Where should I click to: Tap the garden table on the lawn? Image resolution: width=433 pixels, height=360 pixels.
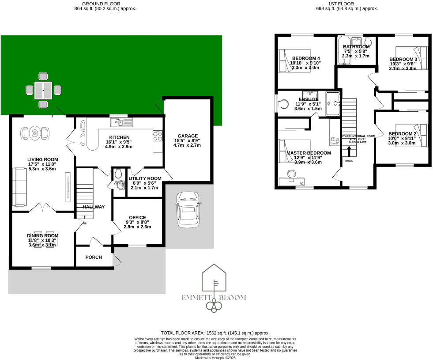click(x=43, y=91)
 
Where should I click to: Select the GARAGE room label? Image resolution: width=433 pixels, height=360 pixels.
click(x=188, y=136)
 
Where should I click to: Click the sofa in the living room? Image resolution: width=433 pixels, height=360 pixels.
click(x=20, y=187)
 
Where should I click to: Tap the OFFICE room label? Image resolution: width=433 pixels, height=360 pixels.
click(x=137, y=217)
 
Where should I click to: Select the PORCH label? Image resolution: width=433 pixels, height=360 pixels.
click(x=94, y=257)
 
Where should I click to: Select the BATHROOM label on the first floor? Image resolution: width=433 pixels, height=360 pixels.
click(x=356, y=47)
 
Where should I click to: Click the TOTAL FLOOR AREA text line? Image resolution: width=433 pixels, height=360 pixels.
click(x=215, y=333)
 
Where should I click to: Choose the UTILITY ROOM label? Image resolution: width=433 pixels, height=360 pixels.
click(x=145, y=178)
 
